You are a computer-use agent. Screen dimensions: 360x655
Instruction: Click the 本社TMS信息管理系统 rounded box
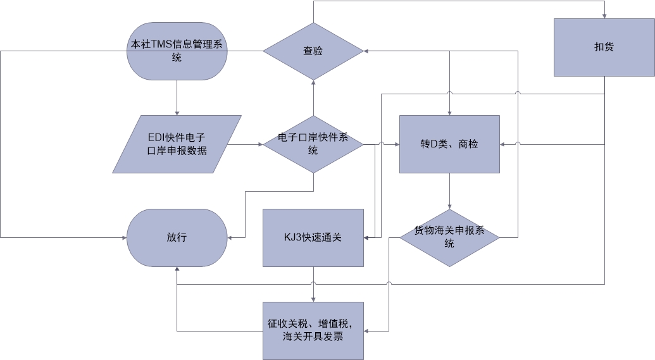coord(177,51)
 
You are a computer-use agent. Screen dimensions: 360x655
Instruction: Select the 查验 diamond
coord(313,51)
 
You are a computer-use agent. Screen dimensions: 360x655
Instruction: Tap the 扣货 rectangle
coord(604,47)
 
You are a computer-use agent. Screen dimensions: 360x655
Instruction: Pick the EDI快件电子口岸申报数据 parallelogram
coord(177,144)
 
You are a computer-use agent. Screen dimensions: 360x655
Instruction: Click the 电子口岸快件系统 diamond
coord(313,144)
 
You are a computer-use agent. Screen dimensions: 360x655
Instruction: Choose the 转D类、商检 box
coord(449,144)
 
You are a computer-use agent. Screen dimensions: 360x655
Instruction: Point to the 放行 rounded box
coord(177,238)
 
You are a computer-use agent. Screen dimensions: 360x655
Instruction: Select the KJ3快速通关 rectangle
coord(313,238)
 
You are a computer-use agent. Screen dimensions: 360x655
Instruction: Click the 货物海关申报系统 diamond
coord(449,238)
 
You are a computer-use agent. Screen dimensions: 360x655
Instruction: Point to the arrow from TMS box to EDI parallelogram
coord(177,98)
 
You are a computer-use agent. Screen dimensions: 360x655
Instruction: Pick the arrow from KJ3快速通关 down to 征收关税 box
coord(313,285)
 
